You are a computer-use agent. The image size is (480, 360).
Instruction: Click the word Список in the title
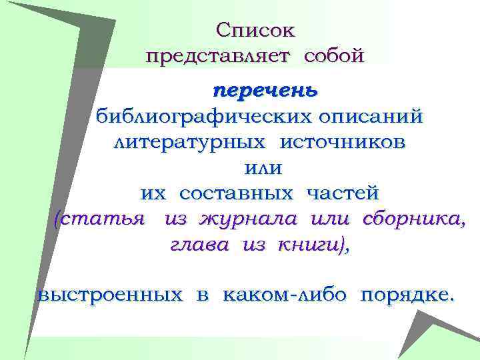[256, 31]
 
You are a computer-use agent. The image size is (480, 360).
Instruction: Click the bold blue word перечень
[265, 90]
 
